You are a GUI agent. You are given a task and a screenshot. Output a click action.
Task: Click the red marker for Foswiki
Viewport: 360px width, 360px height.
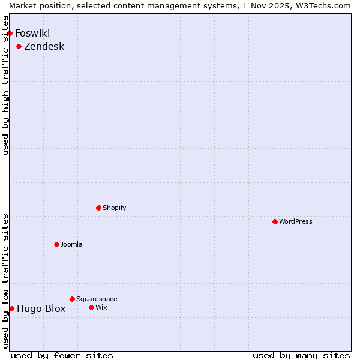(x=10, y=33)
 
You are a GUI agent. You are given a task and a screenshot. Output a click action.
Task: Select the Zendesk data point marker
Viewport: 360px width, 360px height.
(x=19, y=46)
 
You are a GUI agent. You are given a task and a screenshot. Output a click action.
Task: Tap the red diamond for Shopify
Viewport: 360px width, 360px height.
(x=99, y=208)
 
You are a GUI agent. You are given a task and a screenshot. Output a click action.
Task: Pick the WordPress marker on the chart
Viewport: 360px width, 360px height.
(x=275, y=221)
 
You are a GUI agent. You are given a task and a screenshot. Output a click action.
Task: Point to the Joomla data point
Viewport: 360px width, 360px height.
(x=57, y=244)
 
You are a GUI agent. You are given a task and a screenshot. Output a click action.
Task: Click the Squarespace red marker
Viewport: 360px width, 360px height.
(x=73, y=299)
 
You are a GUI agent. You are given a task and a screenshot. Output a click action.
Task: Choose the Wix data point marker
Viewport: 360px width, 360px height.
(x=92, y=307)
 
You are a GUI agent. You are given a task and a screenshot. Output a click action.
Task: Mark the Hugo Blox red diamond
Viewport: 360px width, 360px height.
(x=12, y=308)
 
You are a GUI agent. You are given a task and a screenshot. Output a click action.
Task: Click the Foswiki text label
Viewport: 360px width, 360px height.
(x=32, y=33)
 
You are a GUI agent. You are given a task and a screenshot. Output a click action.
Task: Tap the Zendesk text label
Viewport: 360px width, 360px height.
(x=44, y=46)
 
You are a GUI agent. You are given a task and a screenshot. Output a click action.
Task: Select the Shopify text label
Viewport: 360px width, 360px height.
(x=114, y=208)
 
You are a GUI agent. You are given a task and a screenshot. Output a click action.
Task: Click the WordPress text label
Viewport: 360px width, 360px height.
(x=295, y=221)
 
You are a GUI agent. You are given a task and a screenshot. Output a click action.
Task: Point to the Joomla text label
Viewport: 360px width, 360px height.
(x=71, y=244)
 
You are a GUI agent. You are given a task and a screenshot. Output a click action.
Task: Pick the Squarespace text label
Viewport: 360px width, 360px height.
(x=97, y=299)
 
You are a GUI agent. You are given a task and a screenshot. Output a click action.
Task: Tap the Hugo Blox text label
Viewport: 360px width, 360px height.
(x=41, y=309)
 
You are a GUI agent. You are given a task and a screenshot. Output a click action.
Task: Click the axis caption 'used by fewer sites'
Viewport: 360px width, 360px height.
(x=62, y=355)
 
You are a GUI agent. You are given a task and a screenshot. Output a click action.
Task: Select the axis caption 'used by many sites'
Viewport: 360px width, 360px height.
(x=301, y=355)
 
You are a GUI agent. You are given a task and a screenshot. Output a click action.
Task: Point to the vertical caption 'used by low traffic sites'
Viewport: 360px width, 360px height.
(x=6, y=281)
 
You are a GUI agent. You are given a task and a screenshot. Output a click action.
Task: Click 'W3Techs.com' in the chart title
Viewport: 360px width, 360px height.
(x=322, y=5)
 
